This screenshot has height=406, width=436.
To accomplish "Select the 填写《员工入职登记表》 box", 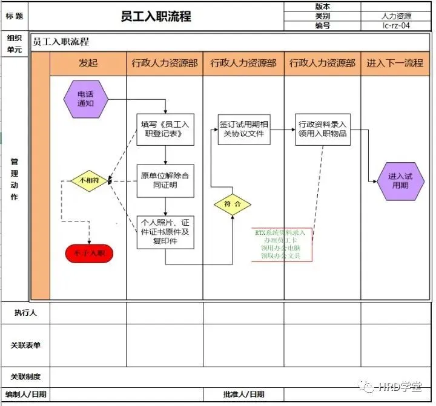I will pyautogui.click(x=165, y=129).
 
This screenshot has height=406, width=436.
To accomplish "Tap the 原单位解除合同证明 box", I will pyautogui.click(x=165, y=180).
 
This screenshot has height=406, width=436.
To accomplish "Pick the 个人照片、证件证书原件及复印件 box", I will pyautogui.click(x=165, y=232).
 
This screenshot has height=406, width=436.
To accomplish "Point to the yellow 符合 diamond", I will pyautogui.click(x=233, y=205).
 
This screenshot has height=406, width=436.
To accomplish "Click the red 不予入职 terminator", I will pyautogui.click(x=89, y=252).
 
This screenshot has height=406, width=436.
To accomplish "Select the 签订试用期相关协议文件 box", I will pyautogui.click(x=244, y=129).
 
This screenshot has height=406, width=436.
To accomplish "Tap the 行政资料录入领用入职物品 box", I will pyautogui.click(x=322, y=129).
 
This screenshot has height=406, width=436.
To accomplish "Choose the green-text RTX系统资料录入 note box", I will pyautogui.click(x=282, y=244).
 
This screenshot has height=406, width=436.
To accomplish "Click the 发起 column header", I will pyautogui.click(x=88, y=63).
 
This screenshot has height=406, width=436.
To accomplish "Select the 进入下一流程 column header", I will pyautogui.click(x=394, y=63).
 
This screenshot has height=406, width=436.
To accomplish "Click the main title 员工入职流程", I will pyautogui.click(x=156, y=16).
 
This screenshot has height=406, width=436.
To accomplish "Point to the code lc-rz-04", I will pyautogui.click(x=398, y=26).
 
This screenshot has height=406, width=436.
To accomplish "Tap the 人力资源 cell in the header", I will pyautogui.click(x=398, y=16).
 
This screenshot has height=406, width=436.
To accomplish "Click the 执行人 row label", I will pyautogui.click(x=25, y=313).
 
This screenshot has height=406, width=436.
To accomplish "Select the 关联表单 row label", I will pyautogui.click(x=25, y=345).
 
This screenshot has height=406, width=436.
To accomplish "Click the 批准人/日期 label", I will pyautogui.click(x=243, y=395).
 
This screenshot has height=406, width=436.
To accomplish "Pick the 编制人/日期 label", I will pyautogui.click(x=25, y=395).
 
